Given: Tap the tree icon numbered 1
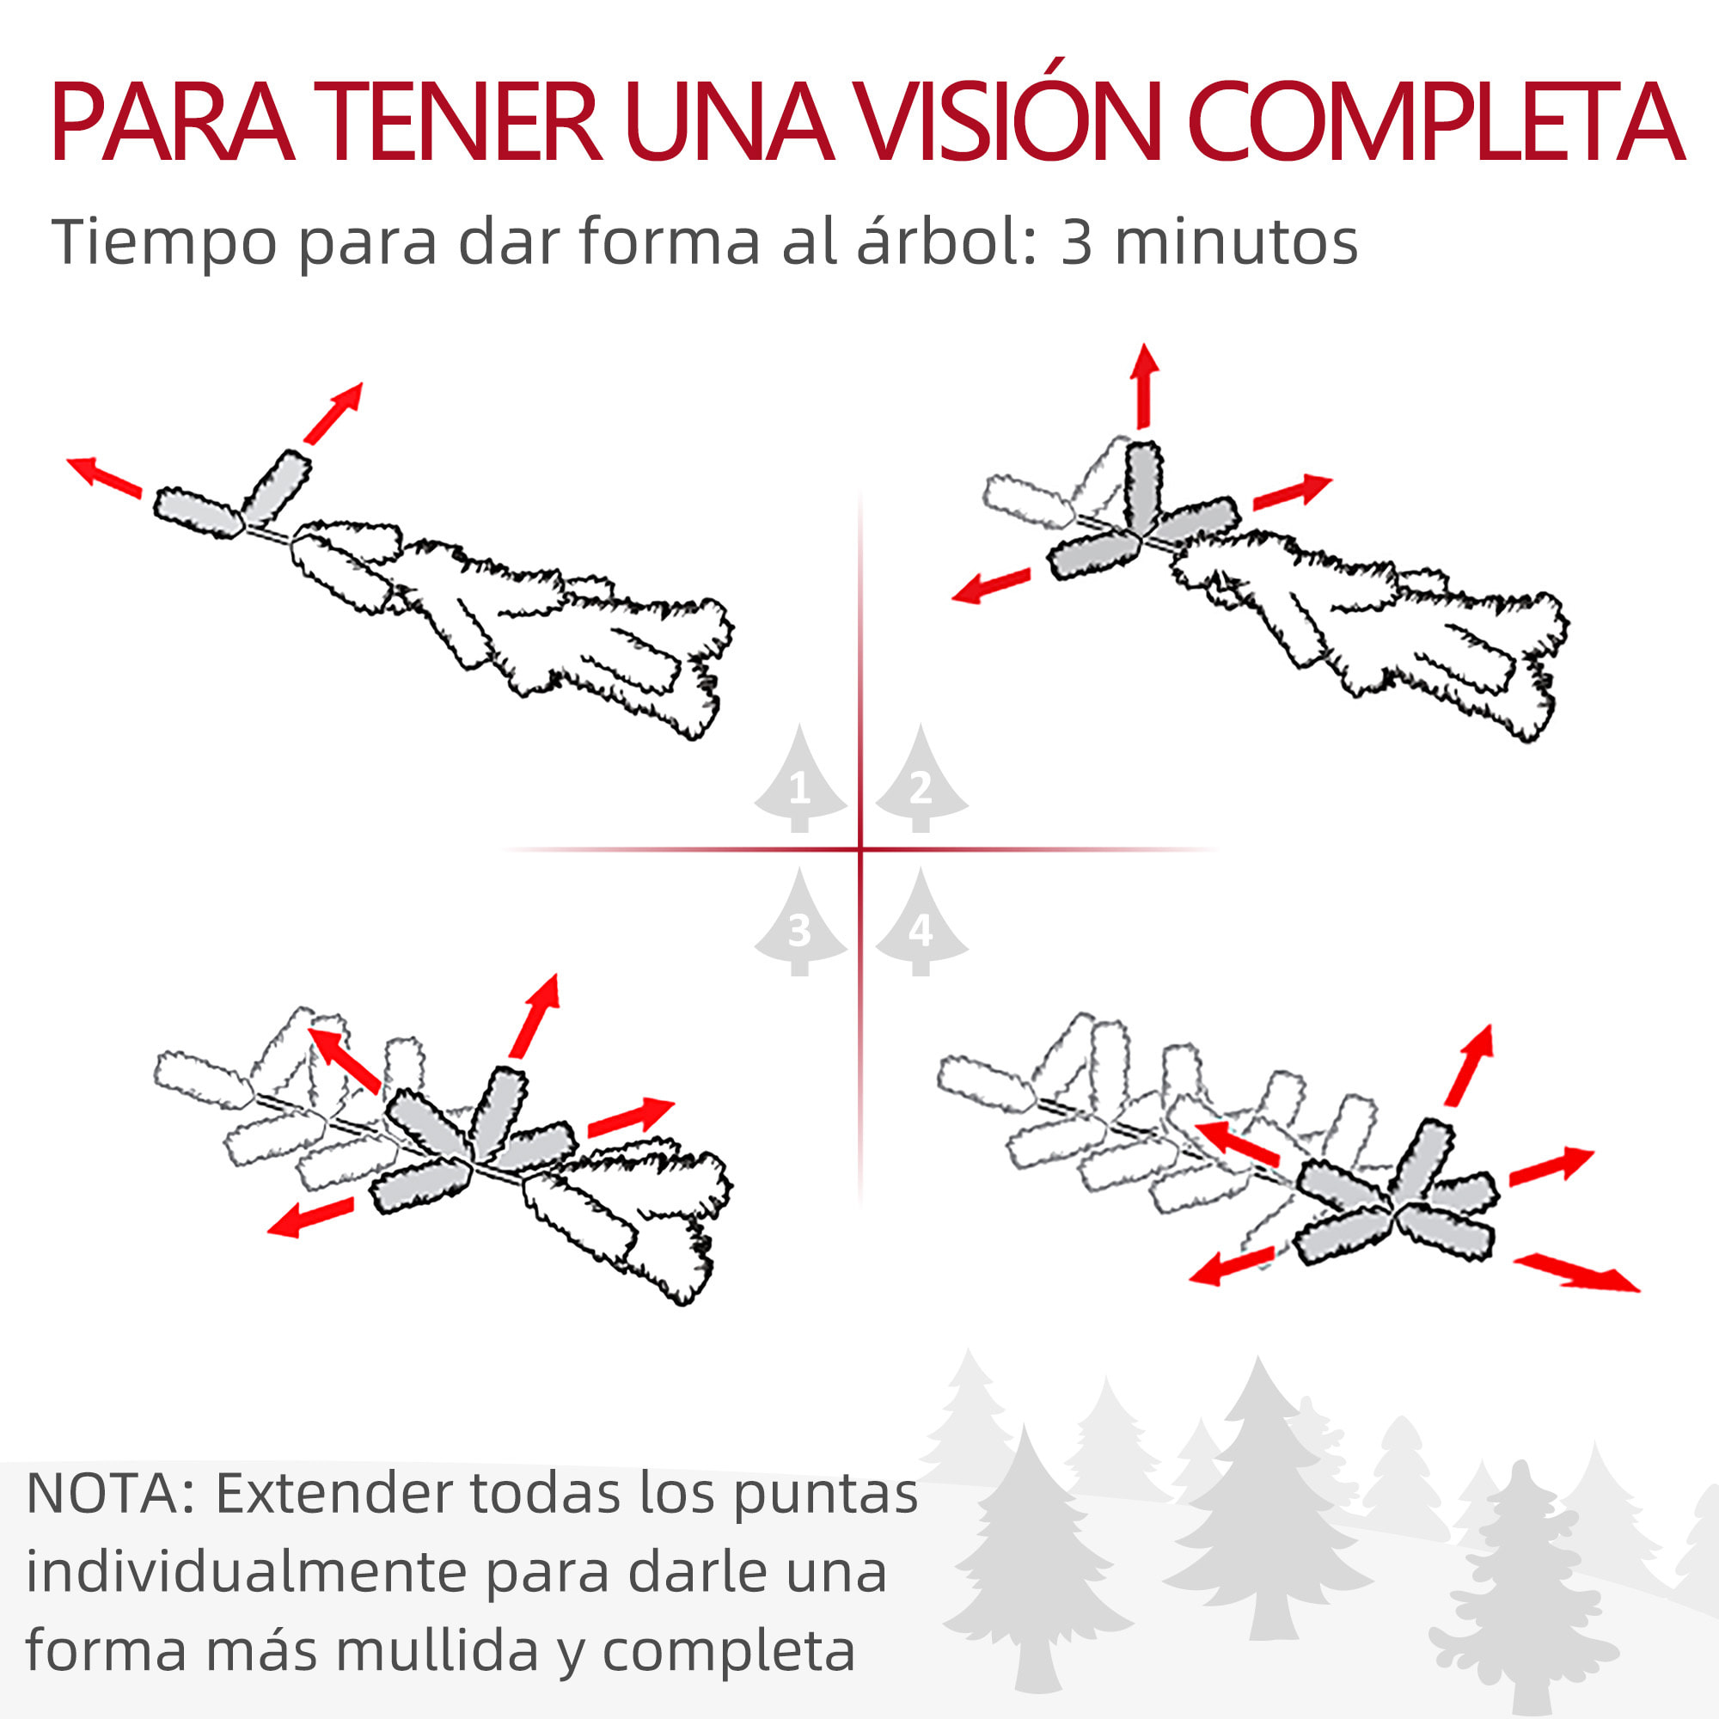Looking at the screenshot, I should pos(800,782).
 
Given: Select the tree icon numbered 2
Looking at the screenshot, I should pos(921,782).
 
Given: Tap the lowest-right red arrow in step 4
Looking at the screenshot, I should pos(1575,1272).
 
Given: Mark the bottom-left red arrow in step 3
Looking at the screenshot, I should pos(310,1217).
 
